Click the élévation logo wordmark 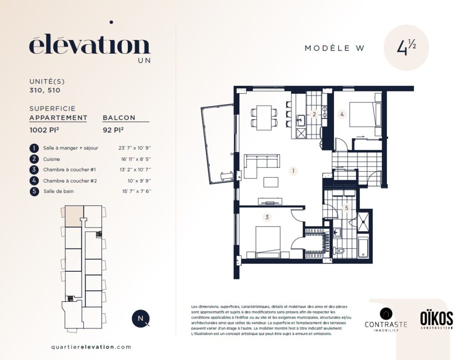tap(90, 45)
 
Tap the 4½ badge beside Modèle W tap(406, 48)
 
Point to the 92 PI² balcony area tap(113, 130)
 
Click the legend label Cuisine tap(51, 159)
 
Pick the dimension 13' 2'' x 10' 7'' tap(135, 170)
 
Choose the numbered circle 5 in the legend tap(34, 191)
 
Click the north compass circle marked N tap(140, 319)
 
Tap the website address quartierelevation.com tap(91, 347)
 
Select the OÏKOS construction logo tap(436, 320)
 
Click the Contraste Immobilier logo tap(386, 319)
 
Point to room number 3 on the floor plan tap(267, 217)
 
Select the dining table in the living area tap(264, 118)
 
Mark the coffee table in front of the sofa tap(271, 182)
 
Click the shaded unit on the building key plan tap(74, 216)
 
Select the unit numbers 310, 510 tap(45, 91)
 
